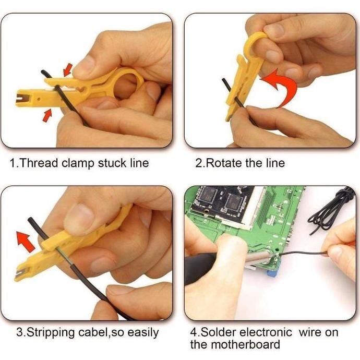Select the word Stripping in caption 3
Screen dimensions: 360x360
49,332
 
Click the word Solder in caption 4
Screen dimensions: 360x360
217,332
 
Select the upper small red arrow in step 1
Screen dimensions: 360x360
67,68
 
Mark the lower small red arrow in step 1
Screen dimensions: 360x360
47,114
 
